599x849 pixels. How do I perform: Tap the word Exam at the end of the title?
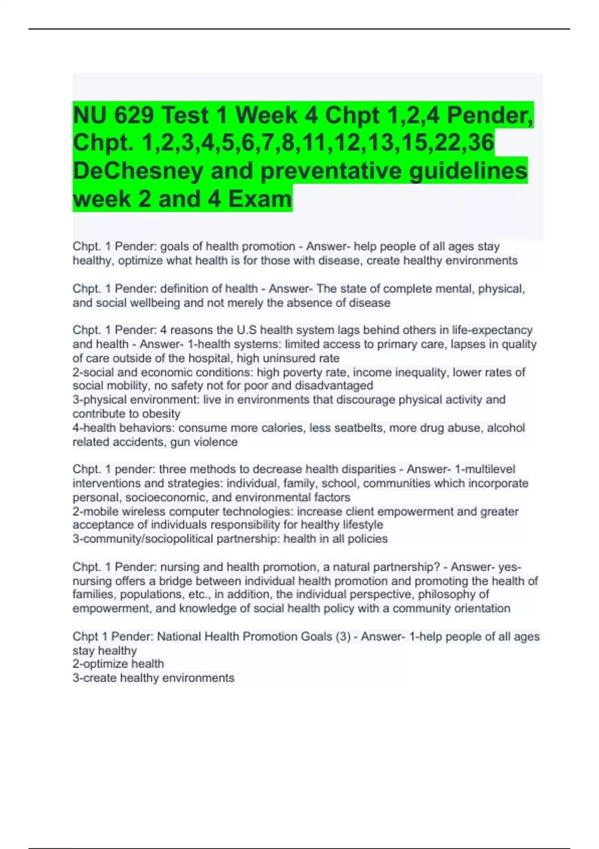point(260,199)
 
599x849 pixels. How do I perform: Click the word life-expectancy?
point(492,330)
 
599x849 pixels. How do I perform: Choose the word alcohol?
point(506,428)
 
